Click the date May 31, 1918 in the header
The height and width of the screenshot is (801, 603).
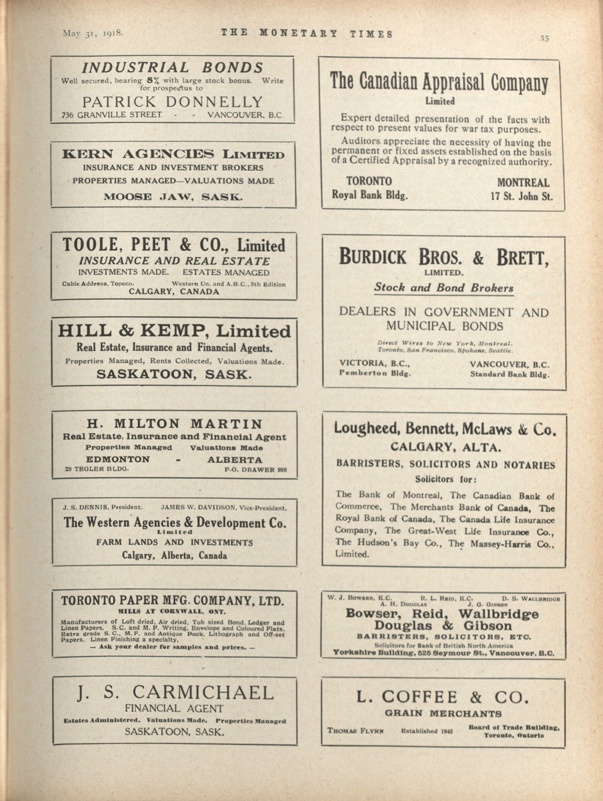93,33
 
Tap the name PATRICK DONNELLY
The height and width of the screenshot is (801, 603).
172,102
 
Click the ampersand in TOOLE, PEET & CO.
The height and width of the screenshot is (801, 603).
185,245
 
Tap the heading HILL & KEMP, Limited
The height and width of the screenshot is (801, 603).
174,331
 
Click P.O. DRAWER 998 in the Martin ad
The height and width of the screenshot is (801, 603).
255,470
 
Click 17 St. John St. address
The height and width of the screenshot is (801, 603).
521,197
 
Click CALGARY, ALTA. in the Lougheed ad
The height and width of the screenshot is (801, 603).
446,448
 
